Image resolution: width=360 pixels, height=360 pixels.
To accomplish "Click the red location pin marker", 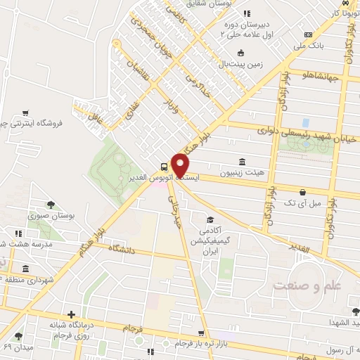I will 180,164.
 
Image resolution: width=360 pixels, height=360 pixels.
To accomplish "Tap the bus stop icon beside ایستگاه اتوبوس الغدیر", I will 164,167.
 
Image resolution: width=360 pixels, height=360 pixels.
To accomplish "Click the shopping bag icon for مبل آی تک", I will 302,191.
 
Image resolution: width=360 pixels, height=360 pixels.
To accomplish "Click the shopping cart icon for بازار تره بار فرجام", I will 202,333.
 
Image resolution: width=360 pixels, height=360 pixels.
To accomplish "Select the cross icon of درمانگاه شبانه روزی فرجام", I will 70,314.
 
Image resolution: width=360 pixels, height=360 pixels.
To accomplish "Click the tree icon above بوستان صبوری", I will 44,206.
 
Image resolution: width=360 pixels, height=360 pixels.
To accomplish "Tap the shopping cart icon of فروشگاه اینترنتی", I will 25,112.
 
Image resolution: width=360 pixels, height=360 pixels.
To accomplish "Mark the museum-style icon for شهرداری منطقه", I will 25,269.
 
